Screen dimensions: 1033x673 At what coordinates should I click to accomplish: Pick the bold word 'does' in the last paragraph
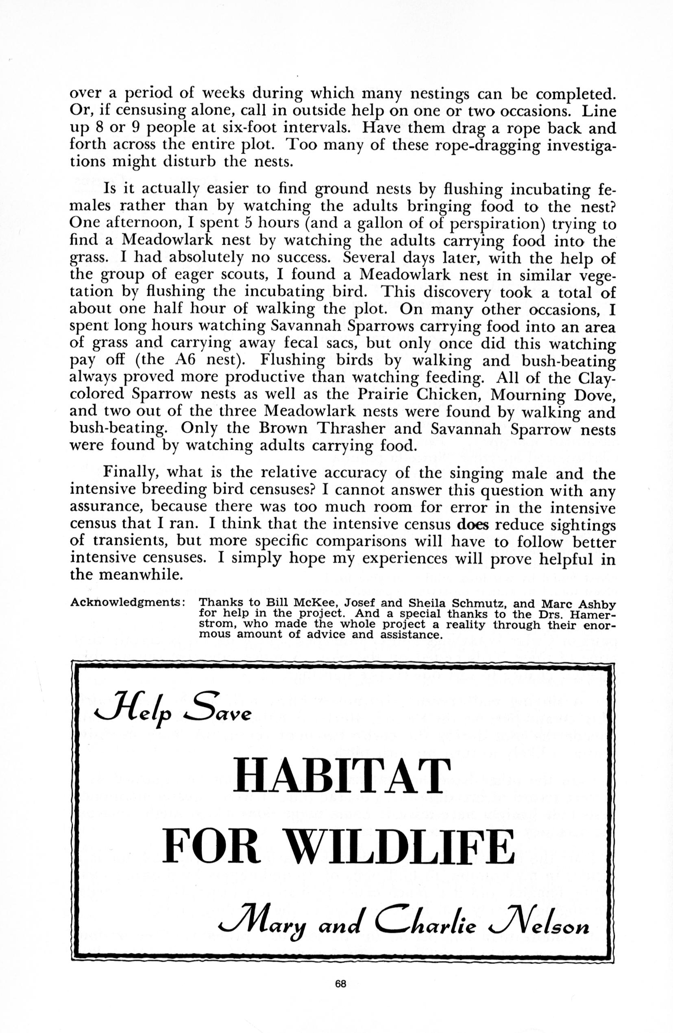473,525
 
